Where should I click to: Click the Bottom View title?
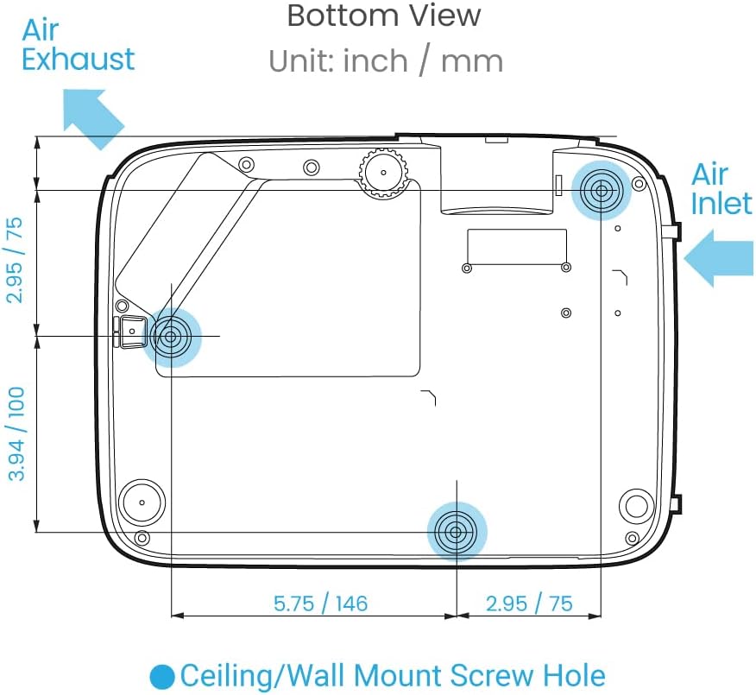384,16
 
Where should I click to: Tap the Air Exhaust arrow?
92,118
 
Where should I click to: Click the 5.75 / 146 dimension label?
321,603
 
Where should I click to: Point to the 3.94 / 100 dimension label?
16,433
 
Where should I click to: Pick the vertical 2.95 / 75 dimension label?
15,260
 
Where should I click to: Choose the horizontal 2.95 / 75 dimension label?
529,603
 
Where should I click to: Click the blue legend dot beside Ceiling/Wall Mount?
162,677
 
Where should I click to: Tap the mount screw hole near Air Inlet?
601,191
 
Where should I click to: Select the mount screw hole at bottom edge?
457,532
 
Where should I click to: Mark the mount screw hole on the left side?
170,336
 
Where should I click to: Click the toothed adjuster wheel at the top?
384,173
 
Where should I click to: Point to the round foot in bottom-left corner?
142,502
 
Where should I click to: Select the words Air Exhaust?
79,45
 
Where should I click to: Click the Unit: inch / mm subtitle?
386,61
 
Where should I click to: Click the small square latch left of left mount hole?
132,332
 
